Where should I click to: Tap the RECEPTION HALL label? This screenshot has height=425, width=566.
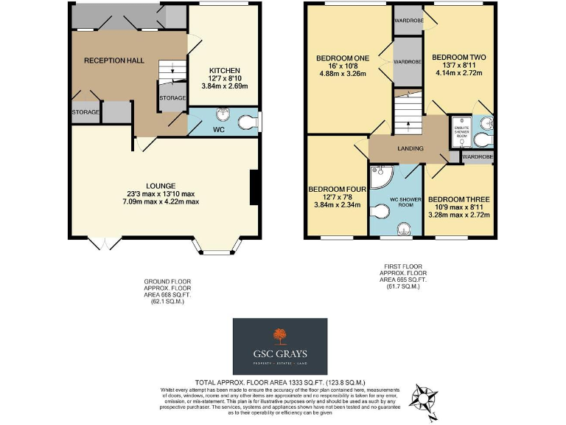113,61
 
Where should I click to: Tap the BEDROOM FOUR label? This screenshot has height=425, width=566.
334,189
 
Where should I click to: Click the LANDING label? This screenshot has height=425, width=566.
410,148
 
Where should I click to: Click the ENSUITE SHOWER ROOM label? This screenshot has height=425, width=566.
462,131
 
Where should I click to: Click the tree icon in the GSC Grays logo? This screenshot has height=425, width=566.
280,336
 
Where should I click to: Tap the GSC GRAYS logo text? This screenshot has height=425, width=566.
280,353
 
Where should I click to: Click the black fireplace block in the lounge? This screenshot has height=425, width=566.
254,187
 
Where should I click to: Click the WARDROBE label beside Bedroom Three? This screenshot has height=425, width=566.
478,156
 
